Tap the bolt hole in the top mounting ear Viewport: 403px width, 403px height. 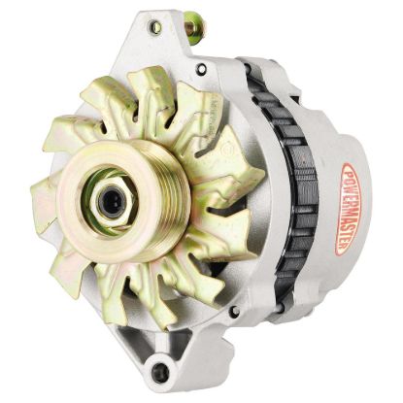[x=155, y=28]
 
